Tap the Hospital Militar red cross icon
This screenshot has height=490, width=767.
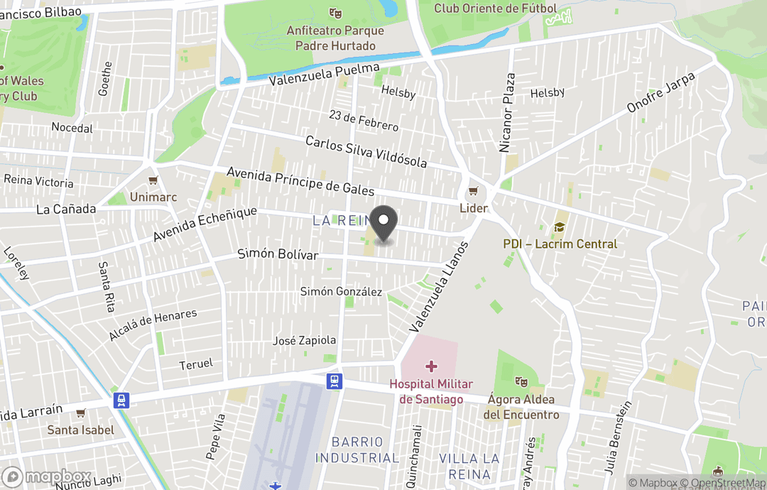pos(430,366)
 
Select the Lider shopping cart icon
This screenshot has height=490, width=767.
pos(473,191)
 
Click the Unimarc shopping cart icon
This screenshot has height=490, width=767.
pos(153,180)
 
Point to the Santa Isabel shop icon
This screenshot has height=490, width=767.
pos(80,413)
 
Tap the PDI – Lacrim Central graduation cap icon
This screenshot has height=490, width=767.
pos(560,227)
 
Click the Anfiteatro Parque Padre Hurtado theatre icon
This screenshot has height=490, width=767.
pos(335,13)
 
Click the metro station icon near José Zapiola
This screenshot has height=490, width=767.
pos(335,381)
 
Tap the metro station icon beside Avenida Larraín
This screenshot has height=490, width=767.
pos(122,401)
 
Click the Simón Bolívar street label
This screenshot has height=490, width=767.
pos(278,254)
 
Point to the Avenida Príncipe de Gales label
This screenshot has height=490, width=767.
pos(300,180)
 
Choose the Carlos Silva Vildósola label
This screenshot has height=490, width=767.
pos(366,151)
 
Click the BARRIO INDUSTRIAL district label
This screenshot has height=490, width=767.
pos(357,450)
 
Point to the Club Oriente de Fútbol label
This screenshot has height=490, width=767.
pos(495,9)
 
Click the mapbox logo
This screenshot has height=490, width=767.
pos(47,476)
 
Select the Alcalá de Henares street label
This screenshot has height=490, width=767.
pos(153,325)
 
